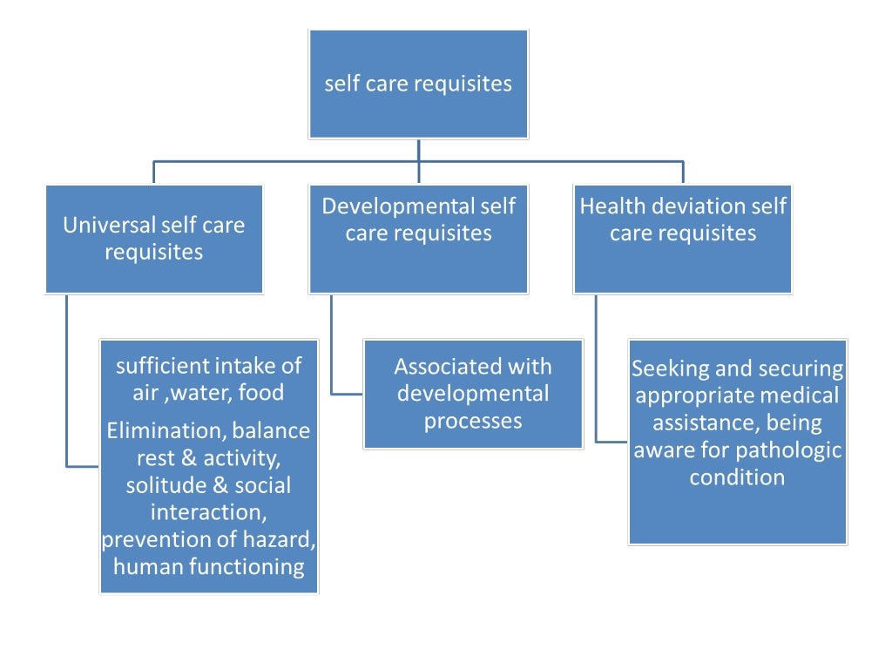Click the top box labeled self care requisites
coord(418,84)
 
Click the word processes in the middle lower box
coord(473,422)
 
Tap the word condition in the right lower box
coord(737,477)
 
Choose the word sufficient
coord(163,365)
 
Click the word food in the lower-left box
coord(262,393)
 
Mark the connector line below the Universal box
coord(67,383)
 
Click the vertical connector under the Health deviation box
coord(597,366)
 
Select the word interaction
coord(208,512)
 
